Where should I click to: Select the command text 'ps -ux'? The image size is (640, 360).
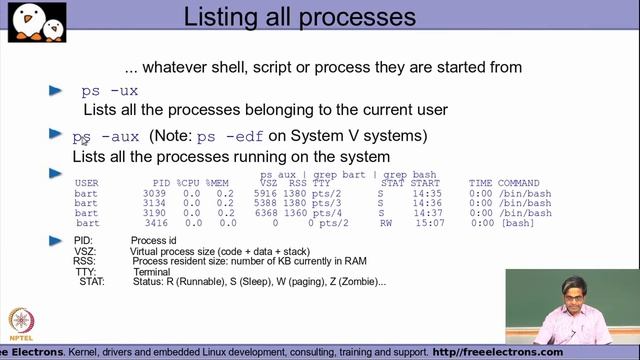(x=109, y=90)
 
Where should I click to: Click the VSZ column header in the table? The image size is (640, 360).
(x=268, y=183)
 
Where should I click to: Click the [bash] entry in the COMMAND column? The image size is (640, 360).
(x=517, y=222)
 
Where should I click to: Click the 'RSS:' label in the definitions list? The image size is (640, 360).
(x=85, y=261)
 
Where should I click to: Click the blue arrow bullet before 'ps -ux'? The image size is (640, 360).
(x=57, y=90)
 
